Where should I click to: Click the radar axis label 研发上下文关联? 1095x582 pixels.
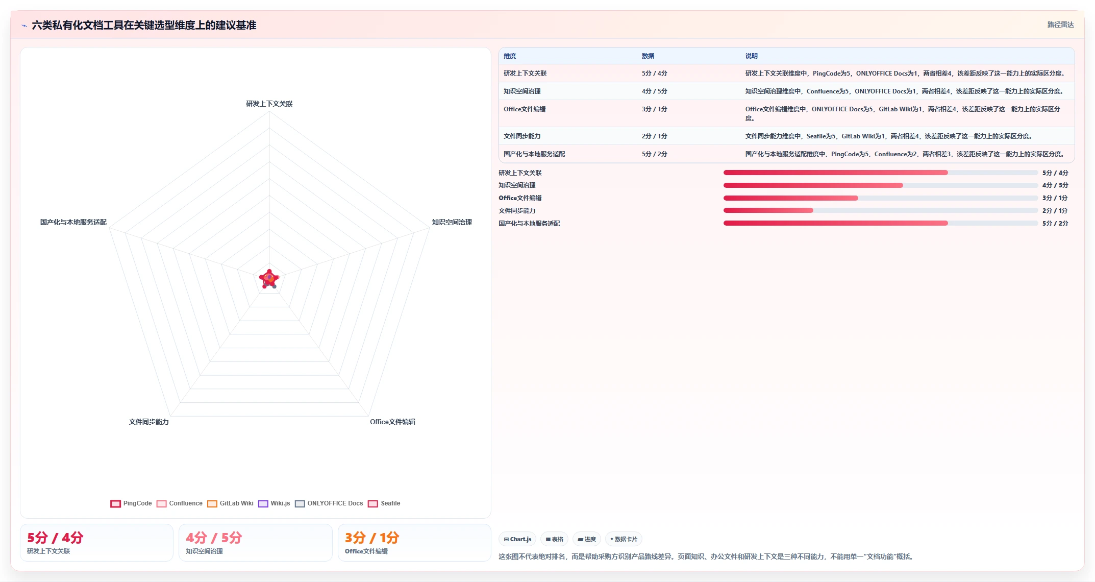[x=269, y=104]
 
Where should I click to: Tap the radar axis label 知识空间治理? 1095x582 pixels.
[x=452, y=222]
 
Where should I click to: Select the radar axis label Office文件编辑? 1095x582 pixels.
[x=392, y=422]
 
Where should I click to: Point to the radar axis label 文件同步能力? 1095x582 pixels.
[x=148, y=422]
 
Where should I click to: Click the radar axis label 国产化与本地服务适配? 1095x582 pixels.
[x=73, y=222]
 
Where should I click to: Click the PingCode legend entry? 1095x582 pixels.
[x=131, y=503]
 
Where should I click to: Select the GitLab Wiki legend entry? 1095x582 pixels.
[x=230, y=503]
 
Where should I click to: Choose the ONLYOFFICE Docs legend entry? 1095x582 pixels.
[x=329, y=503]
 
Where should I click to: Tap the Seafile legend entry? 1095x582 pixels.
[x=384, y=503]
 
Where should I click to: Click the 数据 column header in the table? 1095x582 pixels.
[x=648, y=56]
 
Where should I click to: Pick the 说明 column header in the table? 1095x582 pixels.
[x=751, y=56]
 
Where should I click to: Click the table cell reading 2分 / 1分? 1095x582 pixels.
[x=654, y=136]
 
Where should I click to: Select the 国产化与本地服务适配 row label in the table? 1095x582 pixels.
[x=534, y=154]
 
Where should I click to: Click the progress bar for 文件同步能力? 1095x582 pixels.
[x=881, y=210]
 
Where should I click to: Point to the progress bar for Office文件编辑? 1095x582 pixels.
[x=881, y=198]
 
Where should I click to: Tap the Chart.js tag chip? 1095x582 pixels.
[x=517, y=539]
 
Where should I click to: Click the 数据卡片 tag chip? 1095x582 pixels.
[x=624, y=539]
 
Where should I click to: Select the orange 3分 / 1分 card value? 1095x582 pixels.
[x=372, y=538]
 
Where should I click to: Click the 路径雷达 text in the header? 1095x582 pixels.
[x=1061, y=25]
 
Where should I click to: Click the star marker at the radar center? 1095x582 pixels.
[x=269, y=279]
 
